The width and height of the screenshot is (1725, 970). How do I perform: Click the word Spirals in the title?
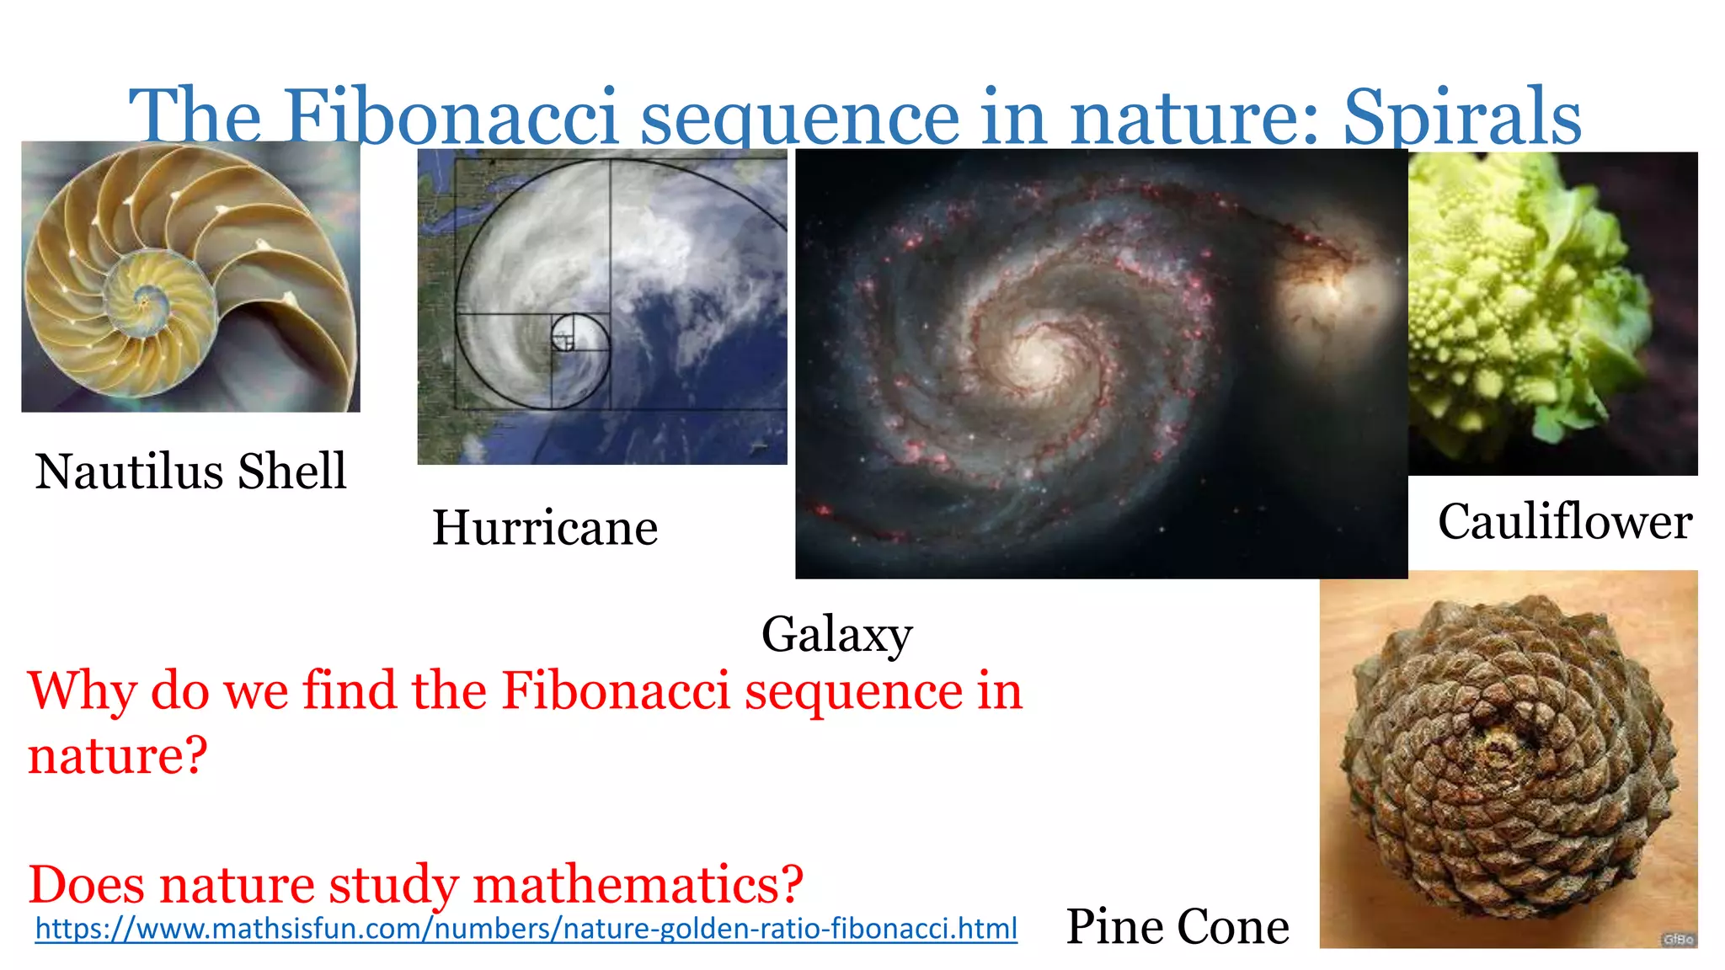click(x=1461, y=118)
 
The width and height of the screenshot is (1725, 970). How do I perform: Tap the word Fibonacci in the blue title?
click(x=451, y=118)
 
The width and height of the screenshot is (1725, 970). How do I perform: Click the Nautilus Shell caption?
click(x=190, y=471)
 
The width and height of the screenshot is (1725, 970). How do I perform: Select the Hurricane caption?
click(x=544, y=528)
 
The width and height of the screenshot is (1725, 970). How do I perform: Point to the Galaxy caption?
click(x=836, y=633)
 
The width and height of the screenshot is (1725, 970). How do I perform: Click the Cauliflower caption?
click(x=1564, y=521)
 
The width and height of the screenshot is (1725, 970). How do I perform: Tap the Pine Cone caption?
click(x=1177, y=926)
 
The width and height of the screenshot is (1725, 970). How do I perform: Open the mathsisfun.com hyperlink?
click(x=526, y=928)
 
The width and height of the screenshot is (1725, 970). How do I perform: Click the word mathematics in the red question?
click(x=638, y=884)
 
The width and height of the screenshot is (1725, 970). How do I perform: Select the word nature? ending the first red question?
click(x=117, y=754)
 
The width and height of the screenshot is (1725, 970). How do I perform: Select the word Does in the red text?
click(x=88, y=884)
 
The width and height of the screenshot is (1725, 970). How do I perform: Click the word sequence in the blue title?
click(x=799, y=118)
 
